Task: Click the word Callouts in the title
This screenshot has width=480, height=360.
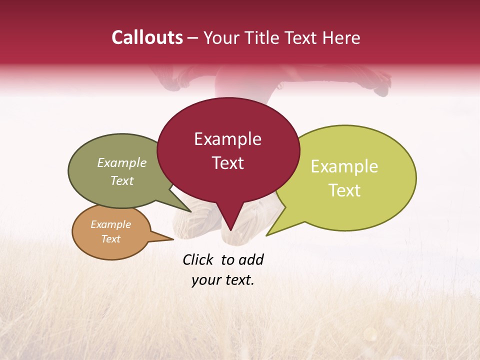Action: pos(147,37)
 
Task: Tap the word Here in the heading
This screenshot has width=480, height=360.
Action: pos(341,37)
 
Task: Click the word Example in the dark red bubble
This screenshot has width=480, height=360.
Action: pos(227,139)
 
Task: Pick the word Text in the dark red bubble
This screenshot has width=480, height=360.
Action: pos(227,163)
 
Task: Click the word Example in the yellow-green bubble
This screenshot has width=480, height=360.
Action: pos(344,166)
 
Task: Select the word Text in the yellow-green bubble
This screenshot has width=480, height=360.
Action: pos(344,190)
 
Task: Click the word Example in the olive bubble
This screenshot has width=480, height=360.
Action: pos(122,162)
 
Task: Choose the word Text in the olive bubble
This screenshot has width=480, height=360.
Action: pos(122,180)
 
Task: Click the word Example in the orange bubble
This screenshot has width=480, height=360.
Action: pos(110,224)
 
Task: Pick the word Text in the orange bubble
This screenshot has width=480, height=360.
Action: pos(110,239)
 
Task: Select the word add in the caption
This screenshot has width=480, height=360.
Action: pos(251,259)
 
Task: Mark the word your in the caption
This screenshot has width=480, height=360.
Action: pos(205,280)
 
